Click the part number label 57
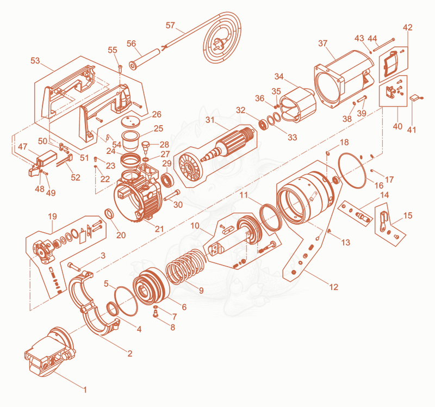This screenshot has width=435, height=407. point(170,25)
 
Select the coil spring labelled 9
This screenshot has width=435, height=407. point(185,266)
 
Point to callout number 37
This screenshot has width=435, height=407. point(322,44)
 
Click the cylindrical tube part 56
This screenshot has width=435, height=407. point(145,59)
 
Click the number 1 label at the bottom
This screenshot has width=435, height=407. point(85,390)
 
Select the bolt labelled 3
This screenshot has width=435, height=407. point(74,267)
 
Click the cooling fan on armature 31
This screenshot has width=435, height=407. point(190,168)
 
